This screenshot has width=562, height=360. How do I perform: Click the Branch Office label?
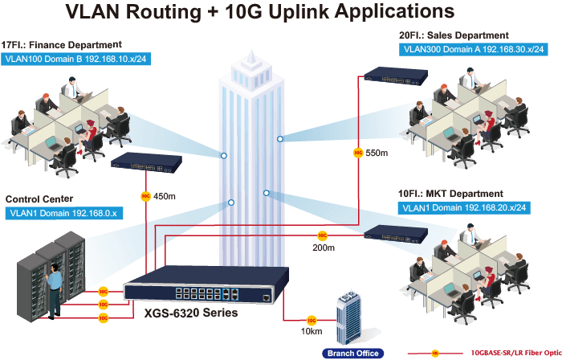353,354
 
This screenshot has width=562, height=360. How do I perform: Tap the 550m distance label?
377,153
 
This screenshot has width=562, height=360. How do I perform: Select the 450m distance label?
164,197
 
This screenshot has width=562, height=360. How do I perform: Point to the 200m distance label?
324,247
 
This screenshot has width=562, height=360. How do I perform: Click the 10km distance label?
312,331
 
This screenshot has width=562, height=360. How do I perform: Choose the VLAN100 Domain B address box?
75,59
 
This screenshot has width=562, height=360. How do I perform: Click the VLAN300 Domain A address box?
474,49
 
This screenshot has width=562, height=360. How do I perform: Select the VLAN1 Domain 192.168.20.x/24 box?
464,207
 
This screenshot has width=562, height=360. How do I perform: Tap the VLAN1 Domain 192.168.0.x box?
63,213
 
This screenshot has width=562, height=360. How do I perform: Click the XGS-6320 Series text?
191,313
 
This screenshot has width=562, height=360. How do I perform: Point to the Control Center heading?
39,199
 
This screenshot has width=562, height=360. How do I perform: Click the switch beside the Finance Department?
146,163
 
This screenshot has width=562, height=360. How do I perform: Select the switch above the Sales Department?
396,76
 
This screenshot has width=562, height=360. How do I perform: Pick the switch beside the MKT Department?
396,234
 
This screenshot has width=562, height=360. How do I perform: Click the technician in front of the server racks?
54,291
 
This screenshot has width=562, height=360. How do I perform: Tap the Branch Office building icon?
348,318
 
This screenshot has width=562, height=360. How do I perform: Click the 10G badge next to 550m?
358,153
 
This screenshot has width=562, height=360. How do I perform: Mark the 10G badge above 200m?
323,235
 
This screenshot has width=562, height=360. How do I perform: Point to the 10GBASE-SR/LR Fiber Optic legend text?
516,353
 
